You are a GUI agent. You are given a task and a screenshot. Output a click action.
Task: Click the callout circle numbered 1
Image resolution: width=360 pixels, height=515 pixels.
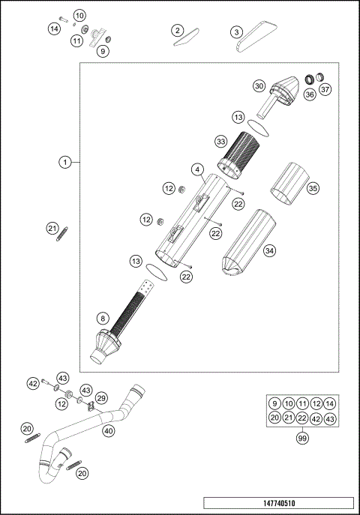click(x=66, y=162)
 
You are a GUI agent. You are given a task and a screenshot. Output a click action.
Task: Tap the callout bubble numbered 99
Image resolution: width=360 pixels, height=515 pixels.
click(x=302, y=439)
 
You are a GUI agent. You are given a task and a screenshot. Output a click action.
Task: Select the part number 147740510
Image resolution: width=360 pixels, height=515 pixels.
click(x=277, y=505)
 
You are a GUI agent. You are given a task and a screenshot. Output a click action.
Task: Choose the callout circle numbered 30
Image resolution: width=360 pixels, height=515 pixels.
click(x=259, y=86)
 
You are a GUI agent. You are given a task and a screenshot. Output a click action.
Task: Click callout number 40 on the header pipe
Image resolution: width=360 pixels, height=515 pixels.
click(x=108, y=431)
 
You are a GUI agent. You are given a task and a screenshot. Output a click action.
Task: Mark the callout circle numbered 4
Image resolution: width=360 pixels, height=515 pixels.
click(x=196, y=170)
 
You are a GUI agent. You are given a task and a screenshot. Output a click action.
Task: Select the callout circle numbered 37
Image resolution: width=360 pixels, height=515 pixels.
click(x=325, y=91)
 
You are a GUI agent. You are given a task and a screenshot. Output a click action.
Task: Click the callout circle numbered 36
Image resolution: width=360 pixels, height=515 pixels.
click(x=309, y=94)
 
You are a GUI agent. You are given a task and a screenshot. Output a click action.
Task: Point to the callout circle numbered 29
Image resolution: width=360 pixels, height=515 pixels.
click(x=101, y=397)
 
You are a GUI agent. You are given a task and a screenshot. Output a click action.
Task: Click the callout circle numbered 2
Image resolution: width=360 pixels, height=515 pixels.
click(x=177, y=30)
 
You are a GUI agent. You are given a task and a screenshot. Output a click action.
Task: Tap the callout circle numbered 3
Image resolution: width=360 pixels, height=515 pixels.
click(x=236, y=31)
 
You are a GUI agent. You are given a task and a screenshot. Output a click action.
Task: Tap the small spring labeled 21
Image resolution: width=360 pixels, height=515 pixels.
click(x=58, y=234)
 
